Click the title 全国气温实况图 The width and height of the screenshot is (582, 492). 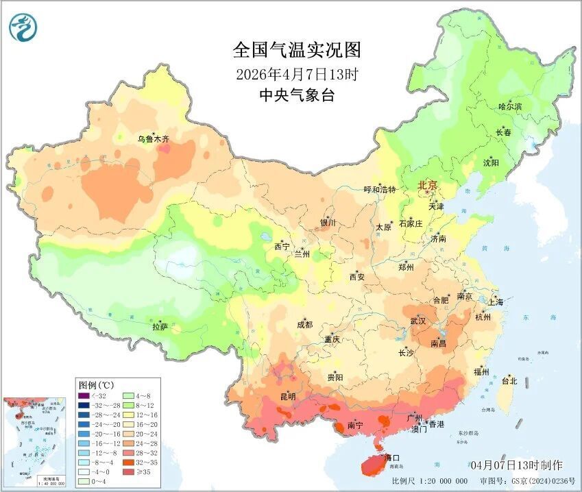click(296, 51)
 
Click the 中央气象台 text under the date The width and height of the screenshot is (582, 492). click(296, 95)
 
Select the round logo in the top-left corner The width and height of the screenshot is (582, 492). click(23, 27)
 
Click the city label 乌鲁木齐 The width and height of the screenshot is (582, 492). click(153, 139)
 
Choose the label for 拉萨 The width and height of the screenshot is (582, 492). click(160, 328)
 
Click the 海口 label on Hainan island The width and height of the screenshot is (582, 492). click(391, 457)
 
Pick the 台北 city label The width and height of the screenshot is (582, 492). click(509, 380)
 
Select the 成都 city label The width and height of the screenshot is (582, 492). click(305, 325)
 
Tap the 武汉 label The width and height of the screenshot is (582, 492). click(417, 321)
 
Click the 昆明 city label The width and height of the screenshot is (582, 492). click(288, 396)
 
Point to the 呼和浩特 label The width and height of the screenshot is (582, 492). click(379, 190)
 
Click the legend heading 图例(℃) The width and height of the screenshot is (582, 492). click(96, 384)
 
